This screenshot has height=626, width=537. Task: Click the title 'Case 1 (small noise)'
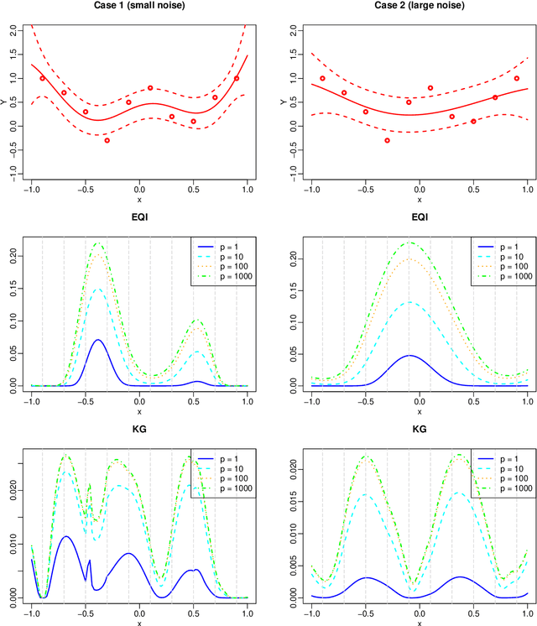click(139, 7)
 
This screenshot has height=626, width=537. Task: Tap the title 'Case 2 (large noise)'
click(419, 7)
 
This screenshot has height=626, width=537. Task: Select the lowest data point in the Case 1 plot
click(107, 140)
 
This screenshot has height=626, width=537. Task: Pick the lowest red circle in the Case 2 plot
click(387, 140)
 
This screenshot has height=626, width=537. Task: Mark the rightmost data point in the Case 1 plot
click(237, 78)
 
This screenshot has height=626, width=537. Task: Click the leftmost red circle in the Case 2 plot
click(322, 78)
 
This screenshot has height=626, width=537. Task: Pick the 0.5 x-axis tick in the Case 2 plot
click(473, 189)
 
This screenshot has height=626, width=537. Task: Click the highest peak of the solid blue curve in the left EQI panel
click(98, 340)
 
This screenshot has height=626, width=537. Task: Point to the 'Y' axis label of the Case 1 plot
click(8, 102)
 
